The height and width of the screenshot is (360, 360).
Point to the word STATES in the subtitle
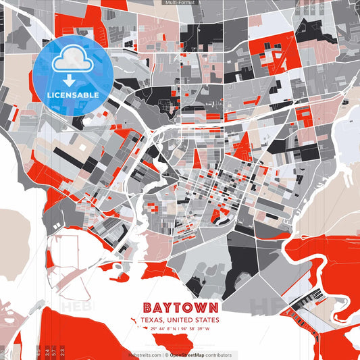click(x=207, y=319)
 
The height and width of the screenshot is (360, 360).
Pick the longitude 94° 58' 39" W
click(x=196, y=329)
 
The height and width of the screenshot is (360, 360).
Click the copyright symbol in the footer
click(x=165, y=355)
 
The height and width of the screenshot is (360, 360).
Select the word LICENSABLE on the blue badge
click(x=73, y=95)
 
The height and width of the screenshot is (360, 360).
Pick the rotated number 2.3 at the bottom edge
click(x=63, y=351)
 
